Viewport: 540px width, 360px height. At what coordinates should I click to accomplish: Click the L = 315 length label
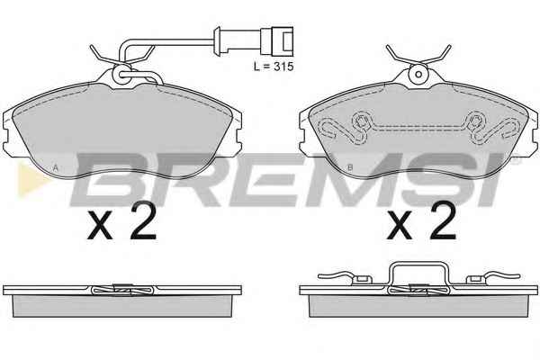(274, 66)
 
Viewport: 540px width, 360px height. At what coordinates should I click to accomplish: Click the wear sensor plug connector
(277, 41)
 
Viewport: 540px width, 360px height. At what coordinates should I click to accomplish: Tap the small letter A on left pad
(55, 167)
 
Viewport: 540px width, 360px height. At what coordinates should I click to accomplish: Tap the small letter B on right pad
(350, 167)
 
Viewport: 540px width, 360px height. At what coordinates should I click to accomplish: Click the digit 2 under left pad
(143, 220)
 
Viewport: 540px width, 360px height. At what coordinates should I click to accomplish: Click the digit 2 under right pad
(443, 220)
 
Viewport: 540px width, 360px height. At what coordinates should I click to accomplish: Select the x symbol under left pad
(100, 226)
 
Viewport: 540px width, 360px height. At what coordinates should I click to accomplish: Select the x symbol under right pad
(400, 226)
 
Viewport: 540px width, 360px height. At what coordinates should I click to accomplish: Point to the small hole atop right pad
(418, 74)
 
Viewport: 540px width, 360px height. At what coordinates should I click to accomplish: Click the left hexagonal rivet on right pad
(361, 121)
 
